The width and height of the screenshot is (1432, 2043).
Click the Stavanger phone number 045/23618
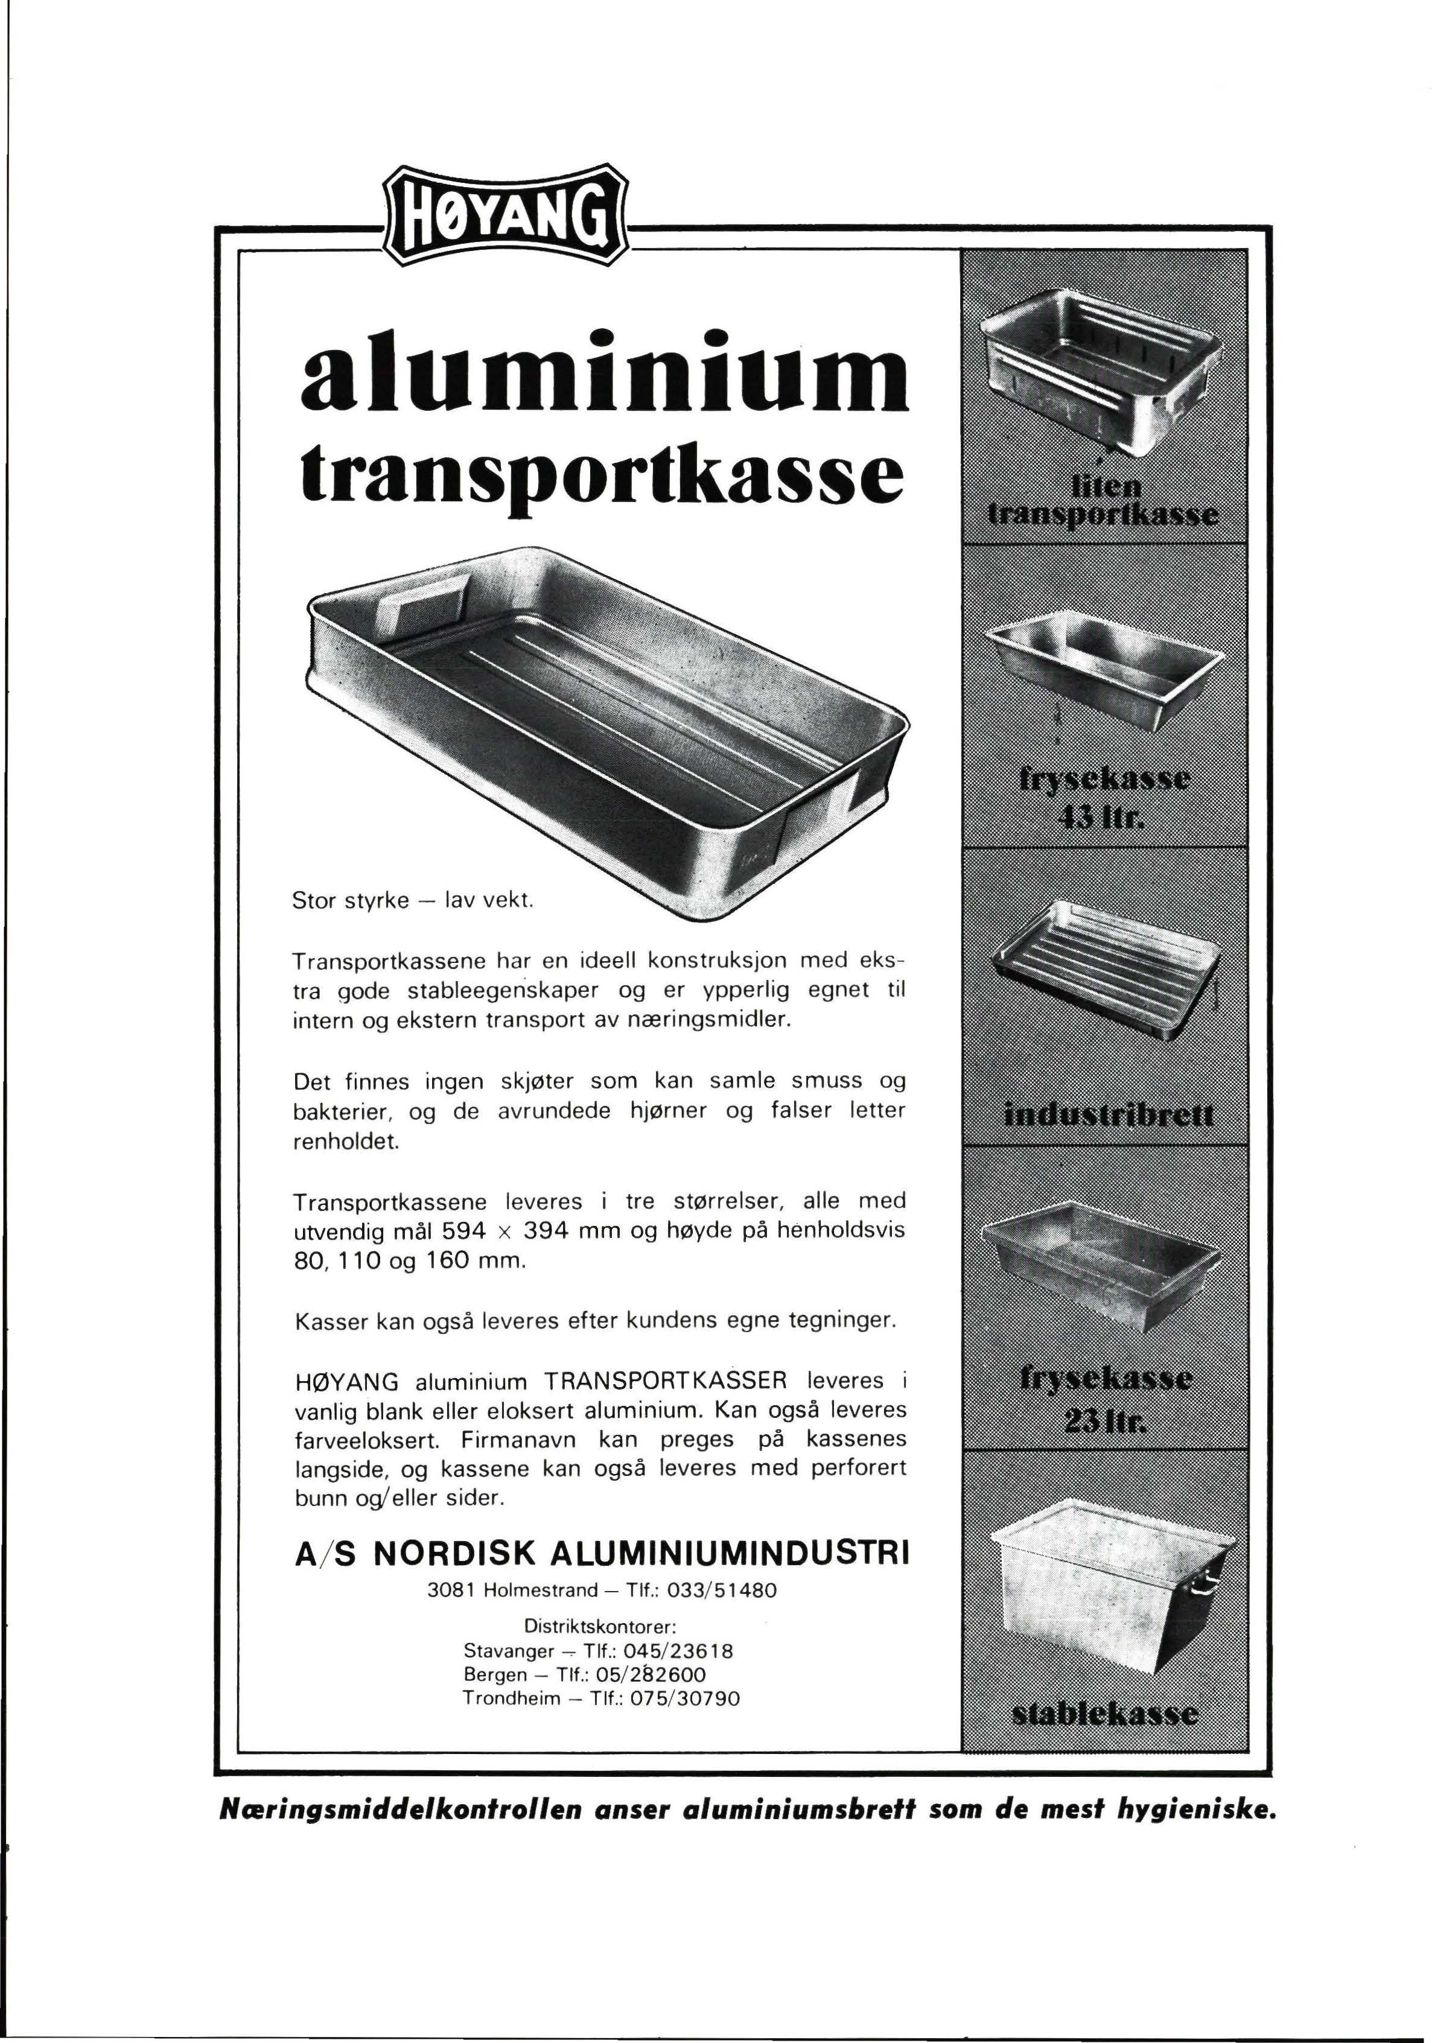tap(678, 1651)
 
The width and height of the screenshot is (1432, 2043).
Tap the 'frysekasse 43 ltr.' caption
tap(1104, 796)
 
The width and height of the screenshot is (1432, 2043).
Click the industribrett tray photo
tap(1104, 970)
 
